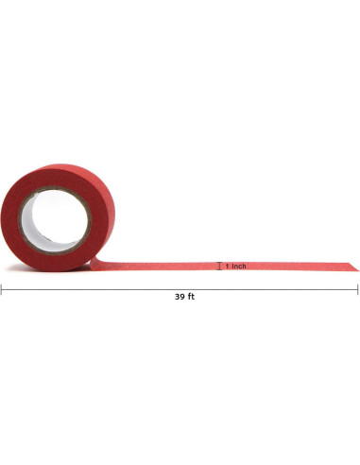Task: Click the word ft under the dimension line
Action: pos(192,297)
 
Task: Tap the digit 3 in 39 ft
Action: pos(178,297)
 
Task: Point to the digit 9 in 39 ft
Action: pos(182,297)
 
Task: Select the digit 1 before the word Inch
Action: pos(227,267)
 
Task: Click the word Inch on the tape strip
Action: pos(239,267)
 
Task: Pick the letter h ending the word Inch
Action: pos(244,267)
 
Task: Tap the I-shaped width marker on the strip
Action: pos(219,266)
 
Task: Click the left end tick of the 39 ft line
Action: pos(1,289)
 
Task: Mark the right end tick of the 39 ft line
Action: pos(358,289)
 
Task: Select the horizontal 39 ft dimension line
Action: pos(180,289)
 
